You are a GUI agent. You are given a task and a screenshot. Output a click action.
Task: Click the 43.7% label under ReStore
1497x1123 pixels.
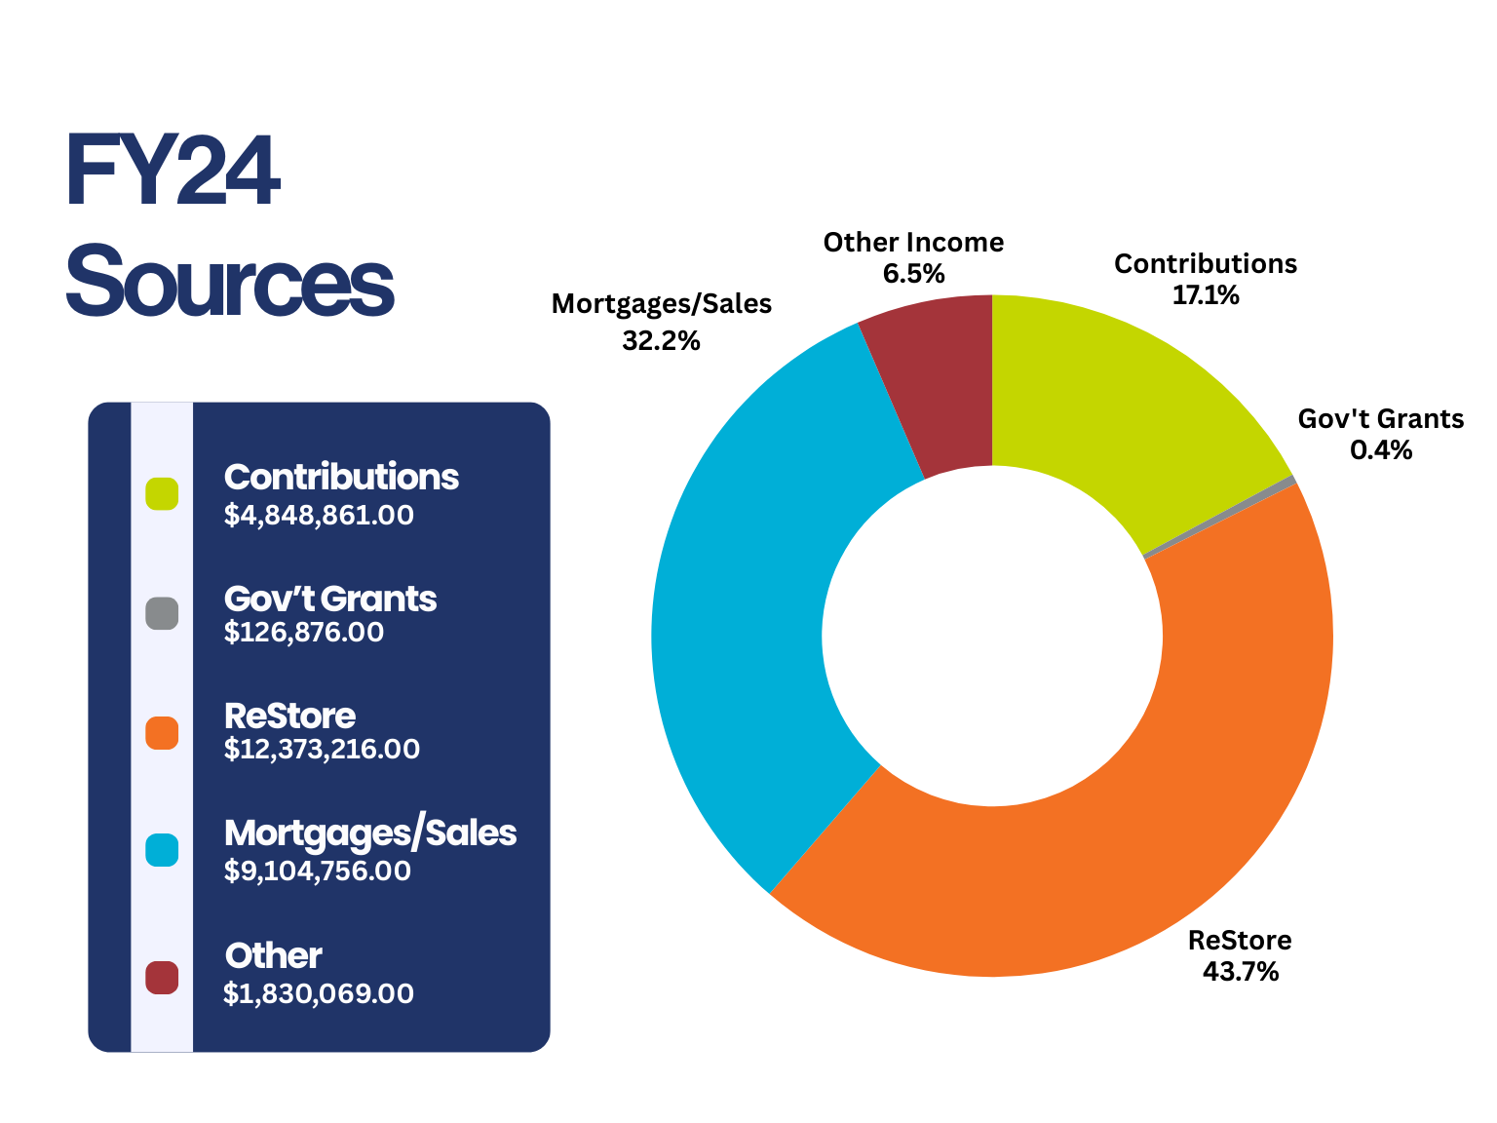point(1240,972)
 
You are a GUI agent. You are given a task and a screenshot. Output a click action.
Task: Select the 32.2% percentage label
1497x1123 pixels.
point(661,340)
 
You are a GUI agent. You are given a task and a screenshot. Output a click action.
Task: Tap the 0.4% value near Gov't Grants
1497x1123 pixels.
point(1380,450)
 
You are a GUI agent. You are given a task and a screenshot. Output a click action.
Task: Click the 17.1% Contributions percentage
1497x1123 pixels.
point(1206,295)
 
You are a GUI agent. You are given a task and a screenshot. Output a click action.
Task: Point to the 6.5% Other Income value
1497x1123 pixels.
point(913,274)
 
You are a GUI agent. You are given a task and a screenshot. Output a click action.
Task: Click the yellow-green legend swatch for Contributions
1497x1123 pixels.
point(162,493)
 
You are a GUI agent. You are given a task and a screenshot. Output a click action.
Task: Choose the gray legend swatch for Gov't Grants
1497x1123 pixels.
point(162,613)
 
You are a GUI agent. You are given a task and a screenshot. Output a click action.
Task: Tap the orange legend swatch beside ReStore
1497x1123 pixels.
point(162,733)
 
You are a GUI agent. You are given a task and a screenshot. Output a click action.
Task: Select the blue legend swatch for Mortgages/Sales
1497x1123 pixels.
point(162,850)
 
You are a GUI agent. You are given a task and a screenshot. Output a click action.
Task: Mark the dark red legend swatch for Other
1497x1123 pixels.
point(162,977)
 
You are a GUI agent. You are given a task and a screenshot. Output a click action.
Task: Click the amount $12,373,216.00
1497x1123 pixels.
point(322,750)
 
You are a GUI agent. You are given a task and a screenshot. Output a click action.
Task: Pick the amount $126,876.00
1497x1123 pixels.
point(304,633)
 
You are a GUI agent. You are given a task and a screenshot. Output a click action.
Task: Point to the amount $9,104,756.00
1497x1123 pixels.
point(318,871)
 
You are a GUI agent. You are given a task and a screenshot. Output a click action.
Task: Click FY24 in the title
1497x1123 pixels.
point(173,173)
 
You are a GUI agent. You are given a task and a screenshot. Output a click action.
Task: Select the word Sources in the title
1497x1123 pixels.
point(229,283)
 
